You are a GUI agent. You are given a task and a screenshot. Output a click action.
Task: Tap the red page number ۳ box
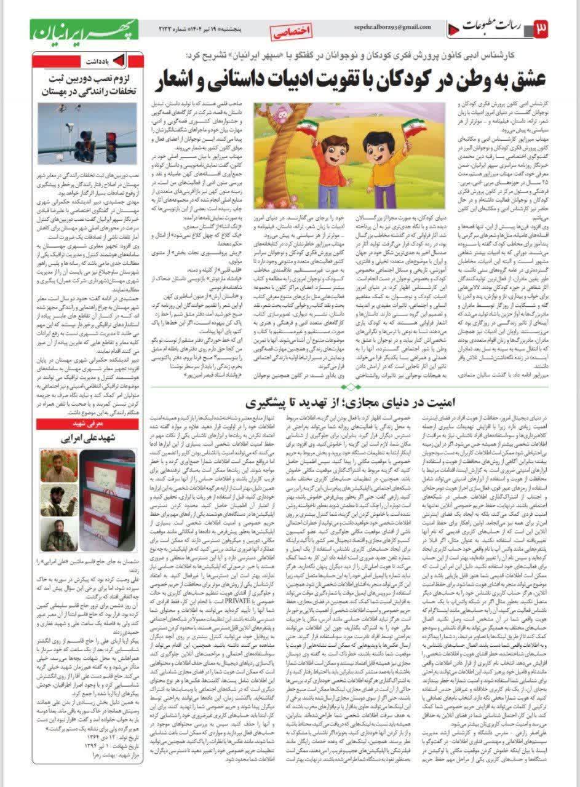542,27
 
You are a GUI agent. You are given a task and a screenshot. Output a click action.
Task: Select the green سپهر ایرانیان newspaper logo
84,28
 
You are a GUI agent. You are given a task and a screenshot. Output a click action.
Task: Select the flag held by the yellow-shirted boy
409,130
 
